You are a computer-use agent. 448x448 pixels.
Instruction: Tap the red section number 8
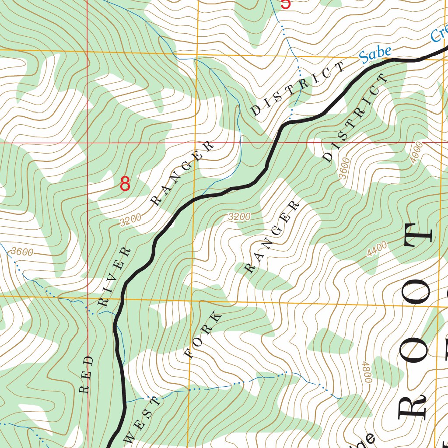(x=125, y=184)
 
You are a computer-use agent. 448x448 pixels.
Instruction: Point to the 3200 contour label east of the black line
(x=239, y=217)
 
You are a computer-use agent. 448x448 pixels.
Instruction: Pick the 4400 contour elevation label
(x=377, y=250)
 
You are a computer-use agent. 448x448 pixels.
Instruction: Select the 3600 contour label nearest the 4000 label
(x=344, y=168)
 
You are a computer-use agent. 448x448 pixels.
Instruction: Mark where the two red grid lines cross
(x=87, y=143)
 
